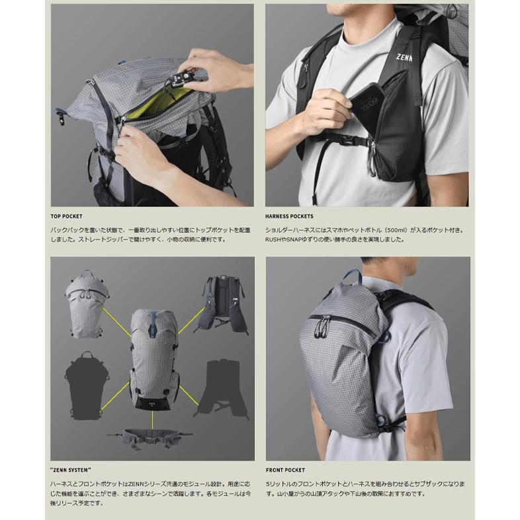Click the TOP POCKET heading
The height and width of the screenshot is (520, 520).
coord(67,216)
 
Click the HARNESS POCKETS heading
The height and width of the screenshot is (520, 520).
coord(290,216)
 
